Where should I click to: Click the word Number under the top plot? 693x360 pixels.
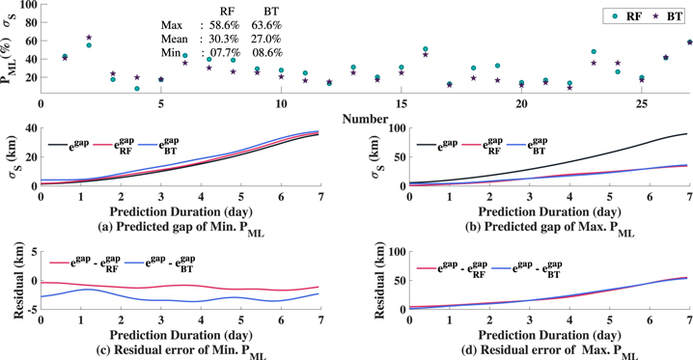(365, 118)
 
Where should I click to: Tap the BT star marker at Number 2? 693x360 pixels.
(89, 38)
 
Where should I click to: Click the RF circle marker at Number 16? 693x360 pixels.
(426, 48)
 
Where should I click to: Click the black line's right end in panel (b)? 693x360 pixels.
(687, 134)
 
